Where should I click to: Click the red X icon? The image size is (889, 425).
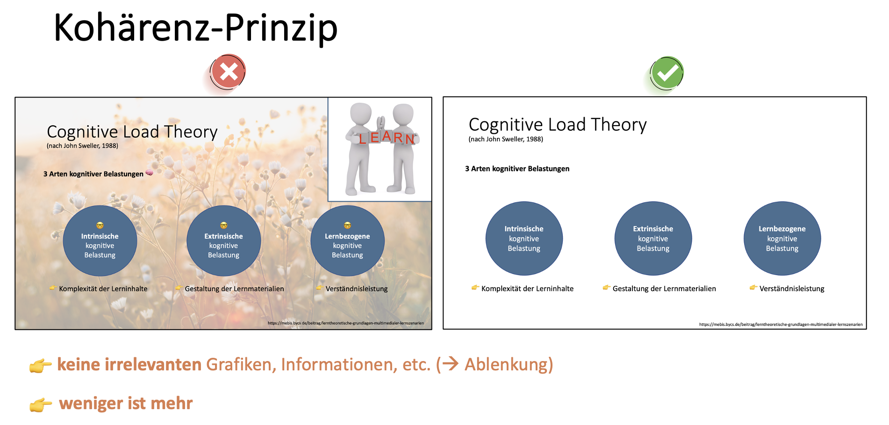228,72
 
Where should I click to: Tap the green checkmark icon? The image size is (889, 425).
667,73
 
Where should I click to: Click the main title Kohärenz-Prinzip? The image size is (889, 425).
195,28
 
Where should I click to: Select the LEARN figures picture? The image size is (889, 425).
380,149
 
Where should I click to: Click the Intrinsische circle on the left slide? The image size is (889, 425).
100,241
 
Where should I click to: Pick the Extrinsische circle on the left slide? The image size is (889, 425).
223,241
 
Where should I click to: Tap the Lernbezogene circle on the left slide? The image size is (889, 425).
347,241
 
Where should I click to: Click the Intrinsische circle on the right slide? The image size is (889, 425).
524,238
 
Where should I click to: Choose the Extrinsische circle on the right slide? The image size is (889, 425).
653,238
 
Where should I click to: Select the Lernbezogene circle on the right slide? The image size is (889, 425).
782,238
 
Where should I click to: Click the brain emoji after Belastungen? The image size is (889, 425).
150,173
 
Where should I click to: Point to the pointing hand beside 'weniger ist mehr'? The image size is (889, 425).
41,404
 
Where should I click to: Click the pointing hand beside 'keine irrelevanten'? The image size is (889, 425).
41,365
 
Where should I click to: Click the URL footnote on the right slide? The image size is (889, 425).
781,324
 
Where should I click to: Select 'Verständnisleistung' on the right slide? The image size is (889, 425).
792,289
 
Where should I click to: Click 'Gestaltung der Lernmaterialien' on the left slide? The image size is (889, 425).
234,289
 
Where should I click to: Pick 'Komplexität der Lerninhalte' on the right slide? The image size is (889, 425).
527,289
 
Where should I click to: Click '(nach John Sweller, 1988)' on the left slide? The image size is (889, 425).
82,146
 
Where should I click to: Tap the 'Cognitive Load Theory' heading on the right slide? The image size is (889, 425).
558,125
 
